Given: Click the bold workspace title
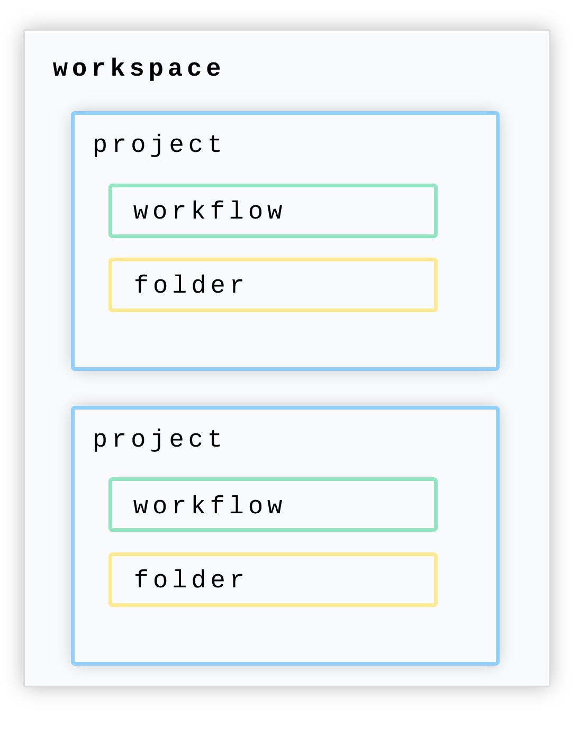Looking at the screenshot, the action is pyautogui.click(x=137, y=69).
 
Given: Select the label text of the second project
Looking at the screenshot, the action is pyautogui.click(x=158, y=440).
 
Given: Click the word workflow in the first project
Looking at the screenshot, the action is pyautogui.click(x=207, y=210).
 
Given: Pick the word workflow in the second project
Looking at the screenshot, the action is pyautogui.click(x=207, y=505).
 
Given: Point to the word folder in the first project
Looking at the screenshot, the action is pyautogui.click(x=188, y=284).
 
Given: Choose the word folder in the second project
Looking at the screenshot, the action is pyautogui.click(x=188, y=579).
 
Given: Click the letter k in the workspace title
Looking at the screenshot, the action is pyautogui.click(x=118, y=67).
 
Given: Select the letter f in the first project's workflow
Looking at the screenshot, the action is pyautogui.click(x=218, y=210).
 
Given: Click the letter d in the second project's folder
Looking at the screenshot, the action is pyautogui.click(x=199, y=578).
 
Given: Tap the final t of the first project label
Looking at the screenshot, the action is pyautogui.click(x=216, y=144).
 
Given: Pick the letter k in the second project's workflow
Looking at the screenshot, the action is pyautogui.click(x=198, y=504).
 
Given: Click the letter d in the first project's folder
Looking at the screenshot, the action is pyautogui.click(x=199, y=284).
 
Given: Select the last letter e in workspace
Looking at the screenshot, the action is pyautogui.click(x=214, y=69).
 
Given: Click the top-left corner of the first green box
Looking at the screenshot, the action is pyautogui.click(x=111, y=185).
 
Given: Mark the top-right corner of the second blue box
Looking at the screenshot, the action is pyautogui.click(x=498, y=408).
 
